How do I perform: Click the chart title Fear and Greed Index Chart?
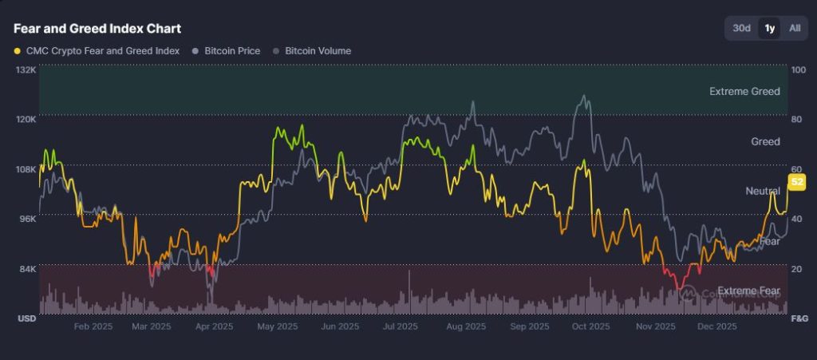point(97,29)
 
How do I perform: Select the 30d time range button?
point(742,28)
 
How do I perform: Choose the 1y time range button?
point(770,28)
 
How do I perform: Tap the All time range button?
point(795,28)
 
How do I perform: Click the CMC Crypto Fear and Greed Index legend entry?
point(97,50)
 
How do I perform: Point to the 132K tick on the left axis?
point(26,69)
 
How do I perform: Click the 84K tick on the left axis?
point(28,268)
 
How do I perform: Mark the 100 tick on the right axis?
point(797,69)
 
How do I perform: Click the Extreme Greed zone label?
point(744,92)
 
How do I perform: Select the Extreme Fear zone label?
point(748,290)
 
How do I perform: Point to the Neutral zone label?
point(763,191)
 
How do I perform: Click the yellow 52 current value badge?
point(796,183)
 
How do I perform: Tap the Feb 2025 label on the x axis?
point(93,326)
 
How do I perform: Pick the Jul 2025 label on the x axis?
point(401,326)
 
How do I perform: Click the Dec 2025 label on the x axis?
point(716,326)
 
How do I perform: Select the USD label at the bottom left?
point(27,318)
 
